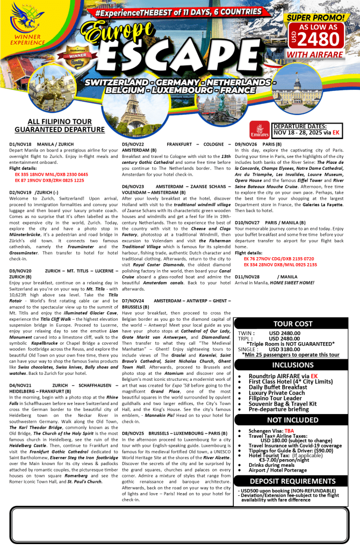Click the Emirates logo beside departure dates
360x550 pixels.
pos(260,129)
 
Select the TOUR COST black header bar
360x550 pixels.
pos(292,324)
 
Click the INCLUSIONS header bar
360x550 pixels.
pos(292,365)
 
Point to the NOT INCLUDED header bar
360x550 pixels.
pos(292,419)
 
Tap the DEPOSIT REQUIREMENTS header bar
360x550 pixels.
pos(292,481)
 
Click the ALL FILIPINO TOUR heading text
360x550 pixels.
pos(59,122)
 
